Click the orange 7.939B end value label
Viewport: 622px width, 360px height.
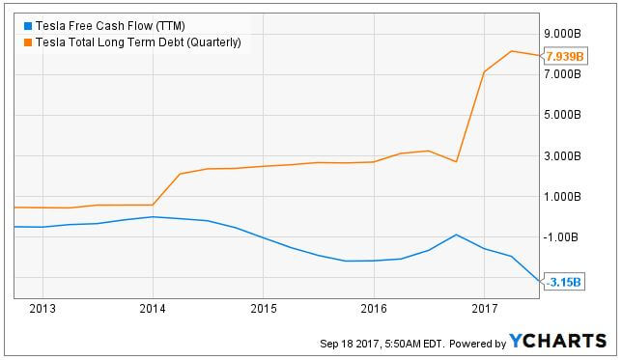click(565, 57)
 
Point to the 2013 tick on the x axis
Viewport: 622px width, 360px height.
click(42, 310)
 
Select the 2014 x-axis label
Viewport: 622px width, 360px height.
click(153, 310)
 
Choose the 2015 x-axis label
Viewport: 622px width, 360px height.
click(263, 310)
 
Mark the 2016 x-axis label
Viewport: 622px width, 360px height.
click(374, 310)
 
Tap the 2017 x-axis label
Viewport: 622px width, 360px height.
click(484, 310)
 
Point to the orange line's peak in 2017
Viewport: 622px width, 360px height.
click(512, 51)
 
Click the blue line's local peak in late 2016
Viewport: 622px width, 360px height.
click(456, 235)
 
